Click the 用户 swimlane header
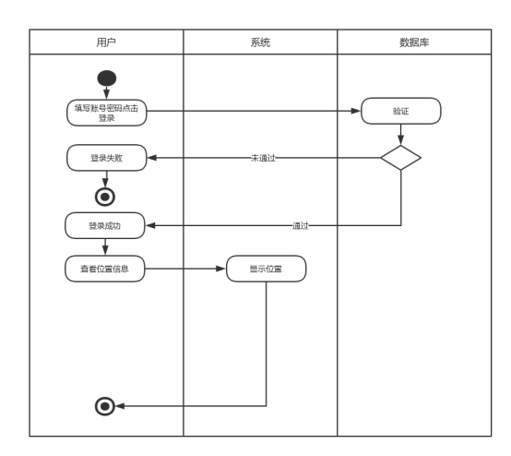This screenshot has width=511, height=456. click(106, 42)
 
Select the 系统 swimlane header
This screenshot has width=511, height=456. click(260, 42)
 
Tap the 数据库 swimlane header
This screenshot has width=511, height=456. click(414, 42)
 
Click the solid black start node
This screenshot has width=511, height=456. click(107, 78)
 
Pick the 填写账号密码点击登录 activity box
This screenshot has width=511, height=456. click(107, 113)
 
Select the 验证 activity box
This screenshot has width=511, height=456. click(401, 111)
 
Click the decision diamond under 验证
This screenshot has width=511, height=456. click(401, 158)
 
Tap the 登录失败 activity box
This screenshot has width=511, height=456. click(107, 158)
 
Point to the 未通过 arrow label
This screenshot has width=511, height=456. click(263, 158)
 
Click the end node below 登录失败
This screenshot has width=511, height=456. click(105, 197)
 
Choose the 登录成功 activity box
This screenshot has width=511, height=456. click(105, 226)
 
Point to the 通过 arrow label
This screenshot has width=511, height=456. click(300, 226)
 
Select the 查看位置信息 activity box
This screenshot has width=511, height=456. click(105, 269)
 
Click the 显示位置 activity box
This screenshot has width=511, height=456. click(266, 269)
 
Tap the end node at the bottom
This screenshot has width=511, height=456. click(105, 406)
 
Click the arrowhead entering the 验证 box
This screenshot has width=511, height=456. click(356, 111)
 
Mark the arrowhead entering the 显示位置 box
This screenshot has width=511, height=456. click(221, 269)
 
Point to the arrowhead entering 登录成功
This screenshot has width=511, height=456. click(150, 226)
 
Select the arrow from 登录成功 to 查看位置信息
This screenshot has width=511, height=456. click(105, 246)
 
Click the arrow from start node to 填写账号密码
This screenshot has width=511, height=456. click(107, 92)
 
